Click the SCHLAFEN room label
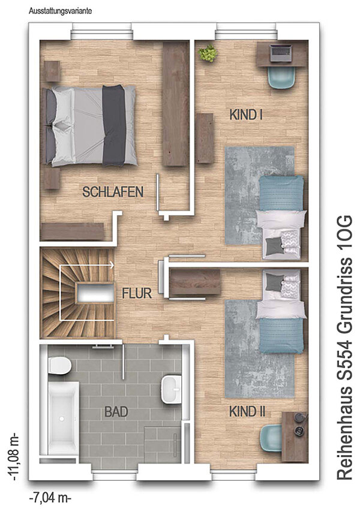[x=113, y=192]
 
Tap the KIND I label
[x=247, y=115]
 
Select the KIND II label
[x=247, y=411]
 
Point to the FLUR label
[x=137, y=293]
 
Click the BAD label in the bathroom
[x=116, y=412]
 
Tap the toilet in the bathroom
[x=59, y=365]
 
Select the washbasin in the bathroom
[x=172, y=389]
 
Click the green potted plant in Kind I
[x=207, y=53]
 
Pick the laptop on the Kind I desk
[x=280, y=53]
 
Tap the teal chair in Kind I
[x=282, y=77]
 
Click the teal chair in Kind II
[x=271, y=438]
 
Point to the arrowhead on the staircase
[x=112, y=265]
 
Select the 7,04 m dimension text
[x=50, y=499]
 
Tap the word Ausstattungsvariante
[x=61, y=11]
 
